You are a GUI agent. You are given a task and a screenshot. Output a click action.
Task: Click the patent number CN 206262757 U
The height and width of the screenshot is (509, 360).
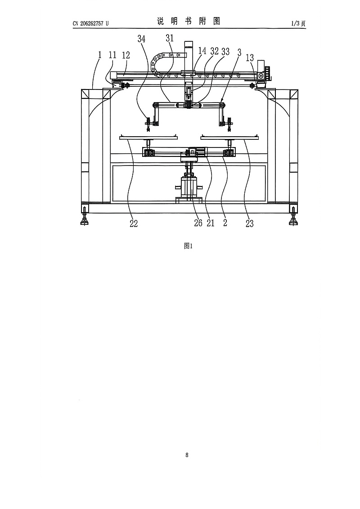(x=90, y=23)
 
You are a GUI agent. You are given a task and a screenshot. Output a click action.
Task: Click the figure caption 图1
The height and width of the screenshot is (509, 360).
(x=189, y=246)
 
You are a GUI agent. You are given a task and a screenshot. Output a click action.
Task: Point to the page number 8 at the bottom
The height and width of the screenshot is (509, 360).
(x=187, y=455)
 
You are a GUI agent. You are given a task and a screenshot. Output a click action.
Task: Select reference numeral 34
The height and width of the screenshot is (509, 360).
(x=141, y=39)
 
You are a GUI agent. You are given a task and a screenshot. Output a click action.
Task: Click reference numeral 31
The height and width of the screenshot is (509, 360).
(x=170, y=38)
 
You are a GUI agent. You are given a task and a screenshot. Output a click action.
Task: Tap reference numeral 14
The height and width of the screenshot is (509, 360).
(x=202, y=51)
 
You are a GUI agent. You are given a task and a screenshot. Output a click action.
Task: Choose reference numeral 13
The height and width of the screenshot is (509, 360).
(x=250, y=58)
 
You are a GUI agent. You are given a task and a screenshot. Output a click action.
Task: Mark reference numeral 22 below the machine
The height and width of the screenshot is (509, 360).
(x=134, y=223)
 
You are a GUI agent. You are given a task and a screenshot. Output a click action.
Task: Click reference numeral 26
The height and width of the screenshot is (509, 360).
(x=198, y=223)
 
